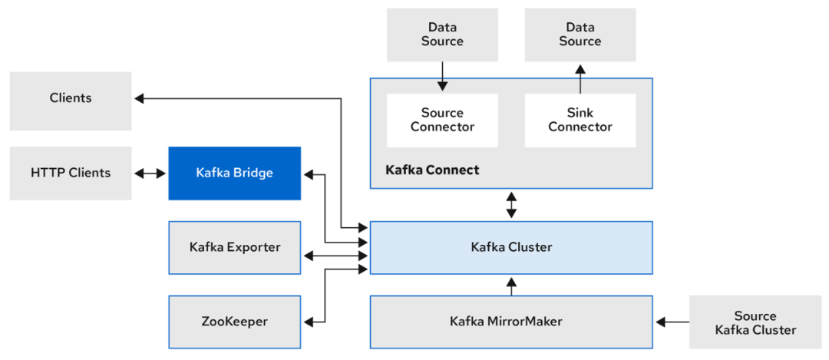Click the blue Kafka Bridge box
coord(234,173)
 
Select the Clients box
coord(71,98)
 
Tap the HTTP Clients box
coord(71,173)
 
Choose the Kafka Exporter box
coord(234,247)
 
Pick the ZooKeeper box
coord(234,322)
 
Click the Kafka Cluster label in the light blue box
coord(511,247)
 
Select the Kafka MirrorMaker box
coord(511,322)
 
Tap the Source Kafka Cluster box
coord(755,323)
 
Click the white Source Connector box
coord(442,121)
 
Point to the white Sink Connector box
coord(580,121)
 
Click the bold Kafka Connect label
coord(432,170)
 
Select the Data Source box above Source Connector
coord(442,35)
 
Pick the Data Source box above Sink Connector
coord(580,35)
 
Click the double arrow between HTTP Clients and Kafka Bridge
coord(150,173)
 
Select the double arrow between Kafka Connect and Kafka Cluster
coord(511,205)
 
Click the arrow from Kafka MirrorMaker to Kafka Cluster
coord(511,285)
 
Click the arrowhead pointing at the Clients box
coord(139,98)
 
